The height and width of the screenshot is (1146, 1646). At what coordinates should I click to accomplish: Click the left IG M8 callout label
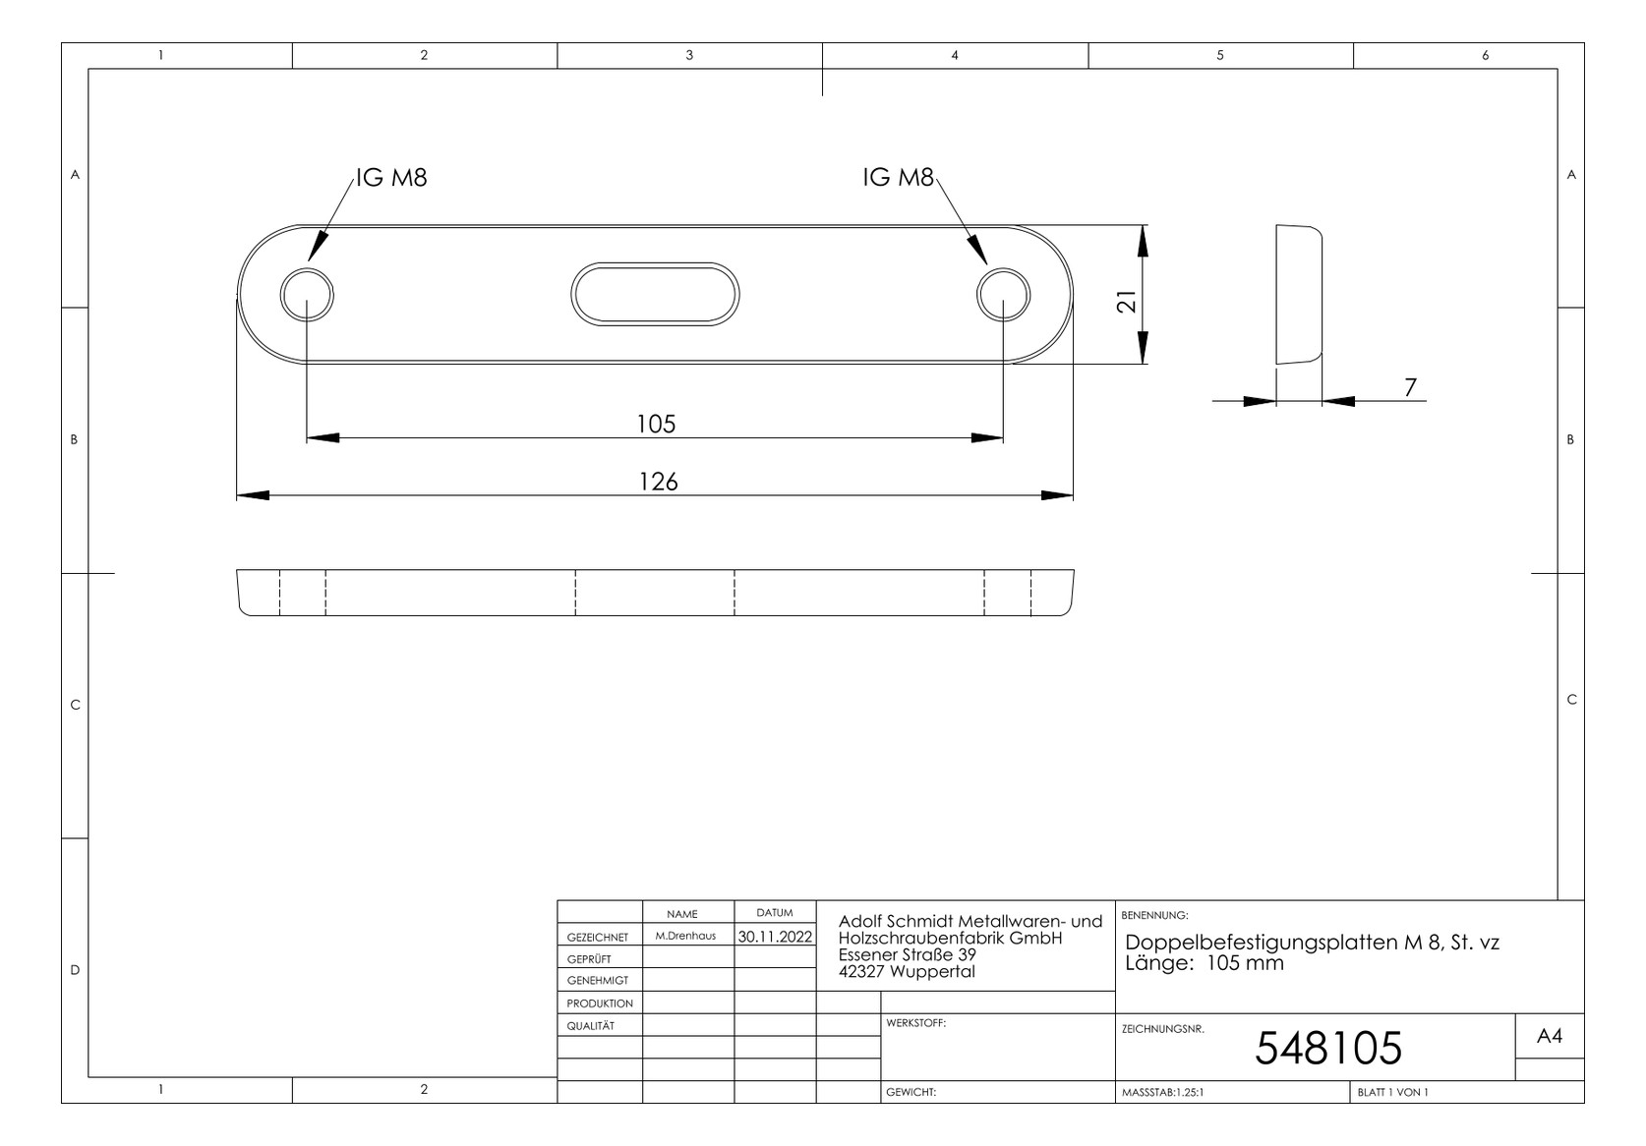click(x=391, y=177)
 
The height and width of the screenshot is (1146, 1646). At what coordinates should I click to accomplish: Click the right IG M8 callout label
click(x=898, y=177)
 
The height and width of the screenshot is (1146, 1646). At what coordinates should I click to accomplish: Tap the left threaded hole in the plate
click(x=307, y=295)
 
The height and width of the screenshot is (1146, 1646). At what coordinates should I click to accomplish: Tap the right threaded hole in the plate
click(x=1004, y=295)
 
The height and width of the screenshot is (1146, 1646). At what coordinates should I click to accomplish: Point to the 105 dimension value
click(x=656, y=424)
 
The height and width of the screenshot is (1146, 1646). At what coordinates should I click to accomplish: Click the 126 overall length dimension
click(x=659, y=482)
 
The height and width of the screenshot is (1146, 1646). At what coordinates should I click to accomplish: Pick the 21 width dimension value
click(x=1127, y=302)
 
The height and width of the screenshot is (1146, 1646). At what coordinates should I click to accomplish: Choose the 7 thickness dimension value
click(x=1410, y=387)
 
